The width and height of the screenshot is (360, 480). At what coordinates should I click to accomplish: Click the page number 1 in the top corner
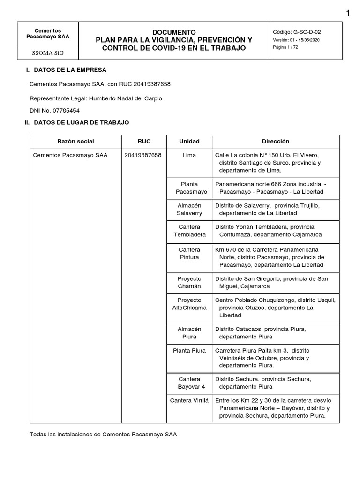coord(348,14)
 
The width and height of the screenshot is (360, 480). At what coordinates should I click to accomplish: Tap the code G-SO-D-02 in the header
coord(307,32)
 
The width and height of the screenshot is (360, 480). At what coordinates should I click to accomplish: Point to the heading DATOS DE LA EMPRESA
coord(70,70)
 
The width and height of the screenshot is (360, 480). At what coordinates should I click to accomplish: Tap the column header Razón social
coord(75,141)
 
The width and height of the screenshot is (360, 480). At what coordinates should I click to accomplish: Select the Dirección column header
coord(276,141)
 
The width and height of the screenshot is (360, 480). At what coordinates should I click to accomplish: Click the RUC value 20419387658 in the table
coord(143,155)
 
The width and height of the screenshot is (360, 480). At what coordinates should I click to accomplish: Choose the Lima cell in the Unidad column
coord(189,155)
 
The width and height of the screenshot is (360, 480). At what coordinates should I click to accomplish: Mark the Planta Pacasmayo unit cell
coord(189,188)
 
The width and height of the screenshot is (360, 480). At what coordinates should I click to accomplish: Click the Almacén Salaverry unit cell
coord(189,209)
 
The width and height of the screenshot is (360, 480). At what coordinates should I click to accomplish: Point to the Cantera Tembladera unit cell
coord(189,231)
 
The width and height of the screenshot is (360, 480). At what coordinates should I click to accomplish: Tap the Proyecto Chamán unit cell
coord(189,282)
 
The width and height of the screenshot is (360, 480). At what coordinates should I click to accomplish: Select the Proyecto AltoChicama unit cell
coord(189,304)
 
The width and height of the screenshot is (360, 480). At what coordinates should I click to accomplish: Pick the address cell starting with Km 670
coord(276,257)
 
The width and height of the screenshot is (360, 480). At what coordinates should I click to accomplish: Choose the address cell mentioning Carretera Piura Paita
coord(276,358)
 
